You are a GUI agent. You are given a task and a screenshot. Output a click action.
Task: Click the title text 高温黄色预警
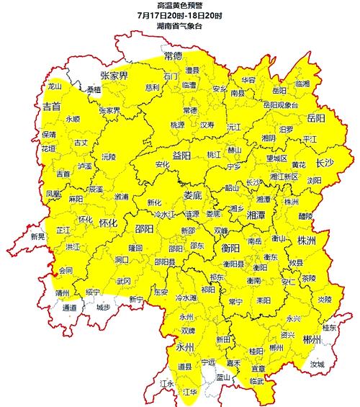pyautogui.click(x=179, y=6)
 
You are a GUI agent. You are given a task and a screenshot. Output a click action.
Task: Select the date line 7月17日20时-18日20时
pyautogui.click(x=179, y=15)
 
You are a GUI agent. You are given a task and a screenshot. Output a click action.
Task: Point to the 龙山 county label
pyautogui.click(x=55, y=86)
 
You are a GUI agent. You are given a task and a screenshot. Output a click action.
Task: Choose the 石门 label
pyautogui.click(x=171, y=75)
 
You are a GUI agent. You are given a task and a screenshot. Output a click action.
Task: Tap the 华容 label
pyautogui.click(x=248, y=79)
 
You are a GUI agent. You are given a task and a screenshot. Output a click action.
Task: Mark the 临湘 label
pyautogui.click(x=302, y=84)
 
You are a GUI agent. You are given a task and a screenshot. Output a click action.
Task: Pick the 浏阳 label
pyautogui.click(x=315, y=180)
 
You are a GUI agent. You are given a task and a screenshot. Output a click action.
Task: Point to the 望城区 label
pyautogui.click(x=276, y=158)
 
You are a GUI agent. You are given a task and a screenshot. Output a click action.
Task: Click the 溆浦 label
pyautogui.click(x=121, y=196)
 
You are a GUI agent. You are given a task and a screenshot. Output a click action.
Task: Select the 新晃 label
pyautogui.click(x=37, y=236)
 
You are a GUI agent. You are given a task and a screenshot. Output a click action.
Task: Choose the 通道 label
pyautogui.click(x=69, y=308)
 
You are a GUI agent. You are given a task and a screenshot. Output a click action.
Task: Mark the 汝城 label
pyautogui.click(x=317, y=365)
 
